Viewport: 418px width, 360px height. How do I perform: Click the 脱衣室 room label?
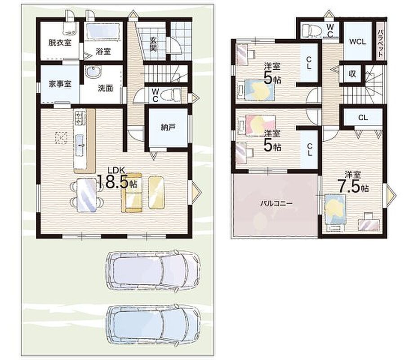point(60,43)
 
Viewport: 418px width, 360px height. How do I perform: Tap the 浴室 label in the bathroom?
point(103,51)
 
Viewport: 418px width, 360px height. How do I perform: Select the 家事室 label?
point(60,84)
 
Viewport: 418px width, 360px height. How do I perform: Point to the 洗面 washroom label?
point(105,88)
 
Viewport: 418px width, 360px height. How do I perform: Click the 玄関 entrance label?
point(153,44)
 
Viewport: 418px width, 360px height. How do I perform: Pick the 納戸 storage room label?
point(168,127)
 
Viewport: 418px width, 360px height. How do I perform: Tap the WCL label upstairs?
point(357,42)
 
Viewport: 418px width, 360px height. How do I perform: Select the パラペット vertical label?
point(380,43)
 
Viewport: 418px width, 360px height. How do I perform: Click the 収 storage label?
point(352,74)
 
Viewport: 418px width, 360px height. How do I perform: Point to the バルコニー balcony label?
point(276,203)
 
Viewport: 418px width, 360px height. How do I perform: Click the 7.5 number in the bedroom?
point(349,186)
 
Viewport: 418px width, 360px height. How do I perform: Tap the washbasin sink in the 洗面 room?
point(93,72)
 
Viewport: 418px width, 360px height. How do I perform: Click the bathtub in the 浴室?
point(104,32)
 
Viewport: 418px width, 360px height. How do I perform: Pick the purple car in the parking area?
point(153,270)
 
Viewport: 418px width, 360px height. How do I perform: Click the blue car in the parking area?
point(154,324)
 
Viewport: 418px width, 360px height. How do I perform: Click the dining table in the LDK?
point(87,195)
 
